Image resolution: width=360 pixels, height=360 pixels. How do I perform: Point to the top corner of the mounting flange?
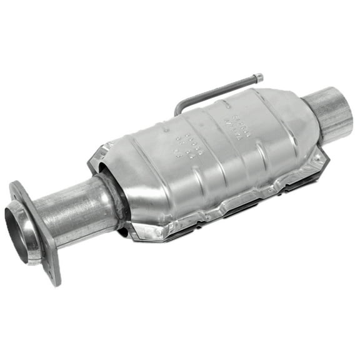[x=17, y=187]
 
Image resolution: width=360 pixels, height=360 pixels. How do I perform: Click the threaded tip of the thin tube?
[x=258, y=77]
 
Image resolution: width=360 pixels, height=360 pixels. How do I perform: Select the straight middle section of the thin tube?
[x=219, y=90]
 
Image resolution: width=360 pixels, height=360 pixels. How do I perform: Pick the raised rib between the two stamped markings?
[x=210, y=134]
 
